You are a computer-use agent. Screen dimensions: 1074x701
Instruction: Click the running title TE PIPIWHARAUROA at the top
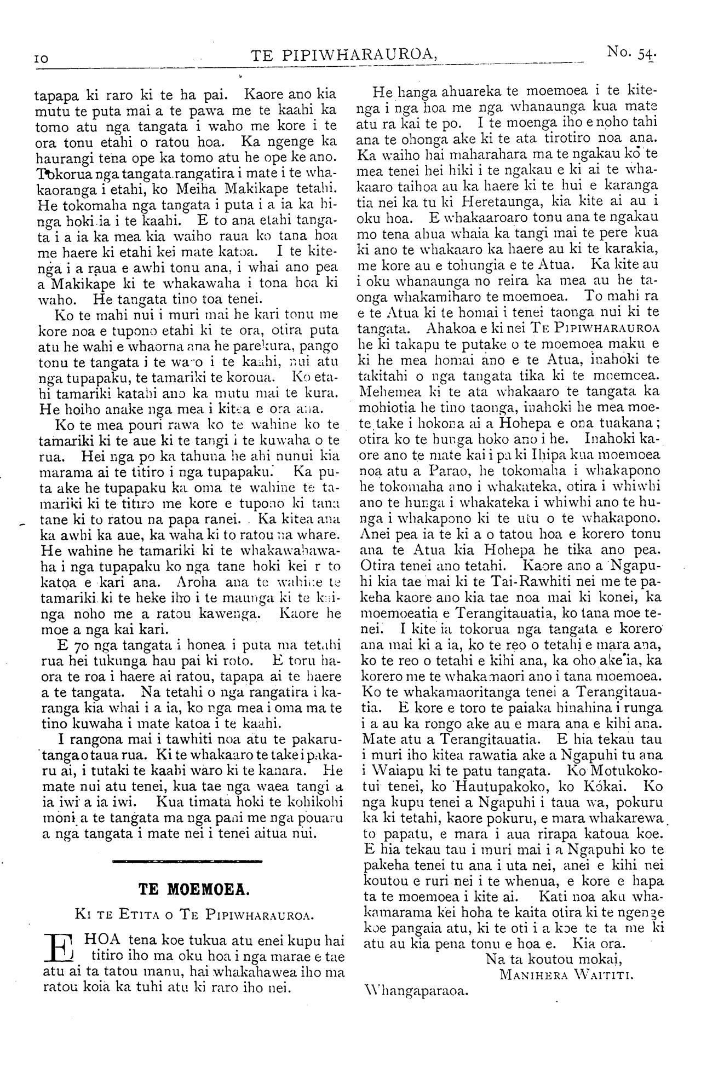[x=344, y=55]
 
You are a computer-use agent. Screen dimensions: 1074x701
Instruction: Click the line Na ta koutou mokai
[x=554, y=958]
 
